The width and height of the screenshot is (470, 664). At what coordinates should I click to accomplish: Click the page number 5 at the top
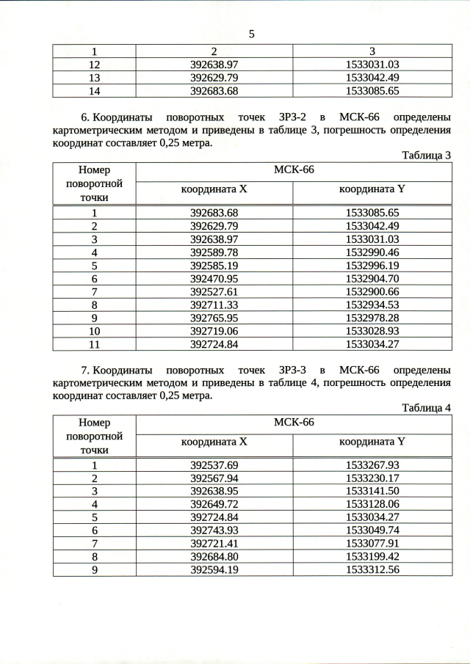coord(251,34)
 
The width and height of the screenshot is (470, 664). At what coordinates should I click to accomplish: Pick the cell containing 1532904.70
coord(372,279)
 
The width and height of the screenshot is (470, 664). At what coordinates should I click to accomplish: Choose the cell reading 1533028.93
coord(372,331)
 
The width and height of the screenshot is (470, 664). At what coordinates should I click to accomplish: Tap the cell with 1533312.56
coord(372,569)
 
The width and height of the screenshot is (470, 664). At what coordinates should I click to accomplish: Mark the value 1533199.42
coord(372,556)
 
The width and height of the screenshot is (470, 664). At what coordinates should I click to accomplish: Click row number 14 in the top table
coord(94,91)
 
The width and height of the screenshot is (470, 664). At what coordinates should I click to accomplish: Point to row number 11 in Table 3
coord(94,344)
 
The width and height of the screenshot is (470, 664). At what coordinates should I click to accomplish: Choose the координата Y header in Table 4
coord(372,442)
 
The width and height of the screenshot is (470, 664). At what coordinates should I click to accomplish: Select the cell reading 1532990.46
coord(372,252)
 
